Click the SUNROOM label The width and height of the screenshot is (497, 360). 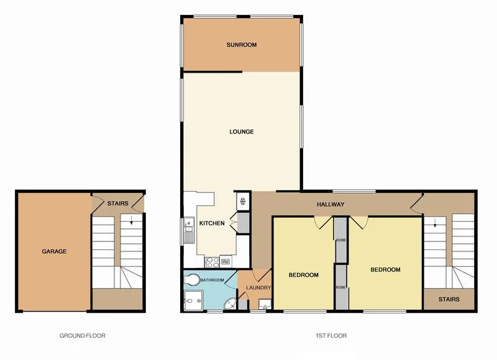tap(242, 45)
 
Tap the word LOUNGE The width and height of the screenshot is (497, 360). tap(241, 132)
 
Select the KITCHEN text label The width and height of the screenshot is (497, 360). tap(211, 223)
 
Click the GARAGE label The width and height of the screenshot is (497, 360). tap(54, 251)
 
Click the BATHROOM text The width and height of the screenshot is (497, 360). tap(211, 280)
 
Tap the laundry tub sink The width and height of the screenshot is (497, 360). tap(263, 305)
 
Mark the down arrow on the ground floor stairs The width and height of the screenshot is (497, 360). tap(132, 223)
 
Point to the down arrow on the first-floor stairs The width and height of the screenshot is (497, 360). tap(435, 223)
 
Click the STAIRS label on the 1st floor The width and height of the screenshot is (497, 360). tap(448, 299)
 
